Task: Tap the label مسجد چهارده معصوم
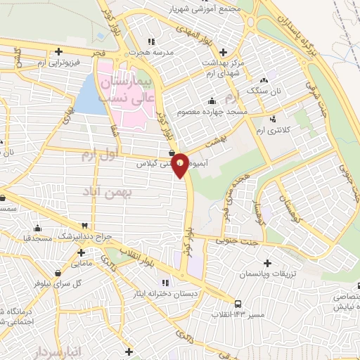[226, 111]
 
